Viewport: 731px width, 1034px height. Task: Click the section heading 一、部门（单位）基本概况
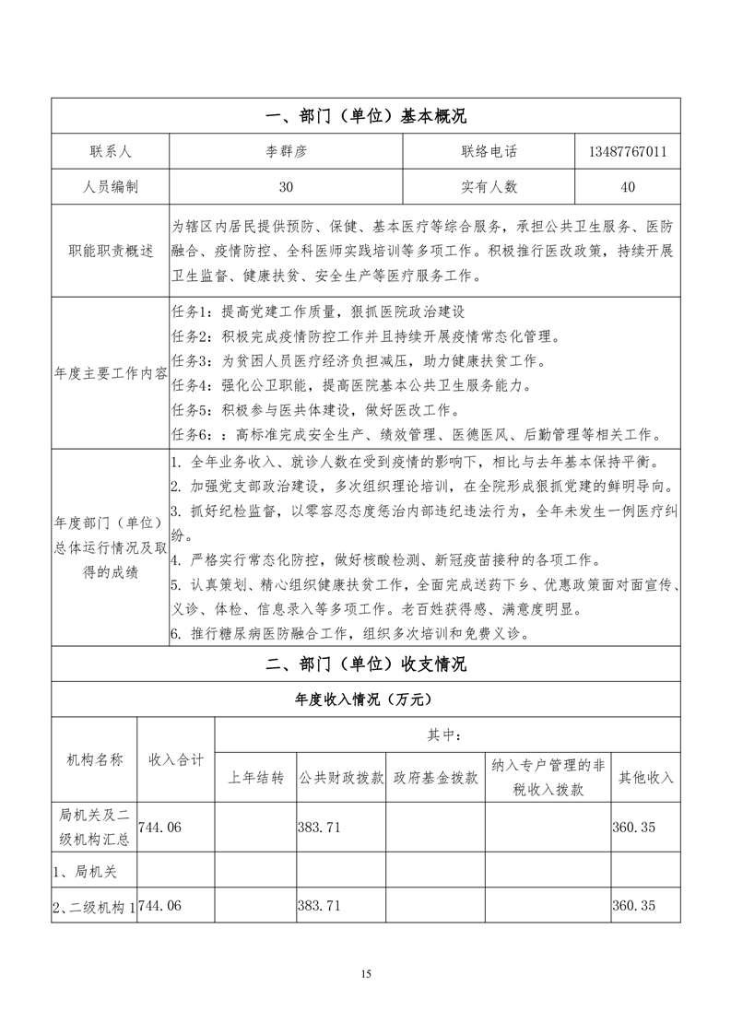[x=365, y=116]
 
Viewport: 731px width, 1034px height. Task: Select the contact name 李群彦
[x=286, y=151]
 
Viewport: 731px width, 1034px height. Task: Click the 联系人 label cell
[x=111, y=151]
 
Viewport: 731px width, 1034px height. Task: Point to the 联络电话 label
[x=489, y=151]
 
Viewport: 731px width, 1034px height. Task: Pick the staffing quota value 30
[x=286, y=187]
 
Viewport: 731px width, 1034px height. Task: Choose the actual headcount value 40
[x=627, y=187]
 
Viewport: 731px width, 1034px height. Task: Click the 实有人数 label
[x=489, y=187]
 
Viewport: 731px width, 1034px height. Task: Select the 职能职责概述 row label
[x=111, y=252]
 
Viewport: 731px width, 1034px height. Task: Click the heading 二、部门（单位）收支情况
[x=365, y=664]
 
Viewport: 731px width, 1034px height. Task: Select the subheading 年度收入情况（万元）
[x=365, y=699]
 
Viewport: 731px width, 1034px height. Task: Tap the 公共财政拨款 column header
[x=340, y=778]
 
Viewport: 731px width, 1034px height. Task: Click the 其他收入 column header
[x=645, y=778]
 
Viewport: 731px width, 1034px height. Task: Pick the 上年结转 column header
[x=255, y=778]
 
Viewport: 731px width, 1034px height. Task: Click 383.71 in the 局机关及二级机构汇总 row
[x=319, y=828]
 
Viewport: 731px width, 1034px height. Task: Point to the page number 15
[x=366, y=973]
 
